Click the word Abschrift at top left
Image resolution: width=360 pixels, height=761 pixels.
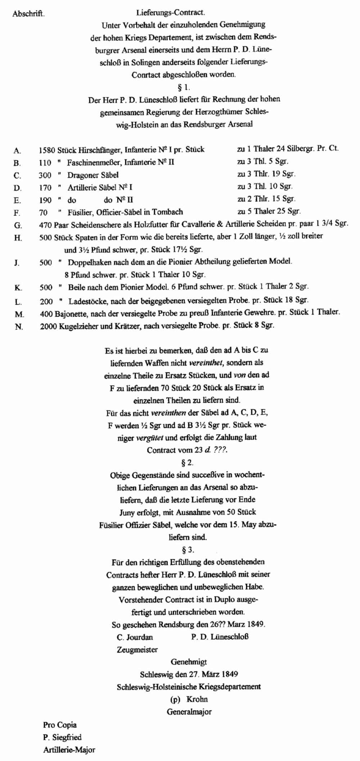point(28,14)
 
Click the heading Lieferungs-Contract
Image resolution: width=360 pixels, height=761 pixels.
point(170,13)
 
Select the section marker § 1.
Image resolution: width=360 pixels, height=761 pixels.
point(184,87)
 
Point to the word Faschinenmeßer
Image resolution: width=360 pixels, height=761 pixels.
point(94,162)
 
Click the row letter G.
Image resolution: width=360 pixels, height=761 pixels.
point(18,226)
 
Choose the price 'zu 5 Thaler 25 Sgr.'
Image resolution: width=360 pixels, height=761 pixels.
point(269,211)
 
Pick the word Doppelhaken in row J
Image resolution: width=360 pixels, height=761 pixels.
point(87,262)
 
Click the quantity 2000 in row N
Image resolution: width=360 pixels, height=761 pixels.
point(48,326)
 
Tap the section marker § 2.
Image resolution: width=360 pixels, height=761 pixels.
point(187,463)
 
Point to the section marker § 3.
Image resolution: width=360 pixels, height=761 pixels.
point(188,550)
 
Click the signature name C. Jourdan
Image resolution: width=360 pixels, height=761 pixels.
point(135,637)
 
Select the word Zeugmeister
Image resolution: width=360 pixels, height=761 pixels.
point(137,649)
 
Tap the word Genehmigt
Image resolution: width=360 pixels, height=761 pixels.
point(189,662)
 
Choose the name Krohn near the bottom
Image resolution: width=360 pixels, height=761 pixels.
point(197,699)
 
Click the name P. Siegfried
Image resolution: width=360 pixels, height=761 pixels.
point(62,737)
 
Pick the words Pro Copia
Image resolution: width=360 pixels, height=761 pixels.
point(60,725)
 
